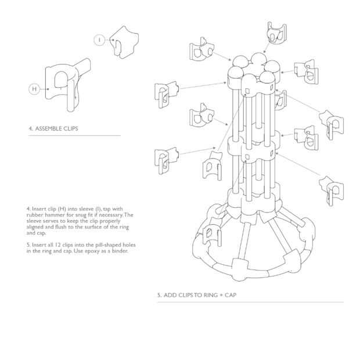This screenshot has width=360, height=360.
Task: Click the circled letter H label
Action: click(x=34, y=89)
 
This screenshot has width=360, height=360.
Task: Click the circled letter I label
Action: click(x=99, y=39)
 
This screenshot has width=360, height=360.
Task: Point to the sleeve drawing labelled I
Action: click(x=125, y=41)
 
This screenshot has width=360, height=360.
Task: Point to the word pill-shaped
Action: click(x=107, y=246)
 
